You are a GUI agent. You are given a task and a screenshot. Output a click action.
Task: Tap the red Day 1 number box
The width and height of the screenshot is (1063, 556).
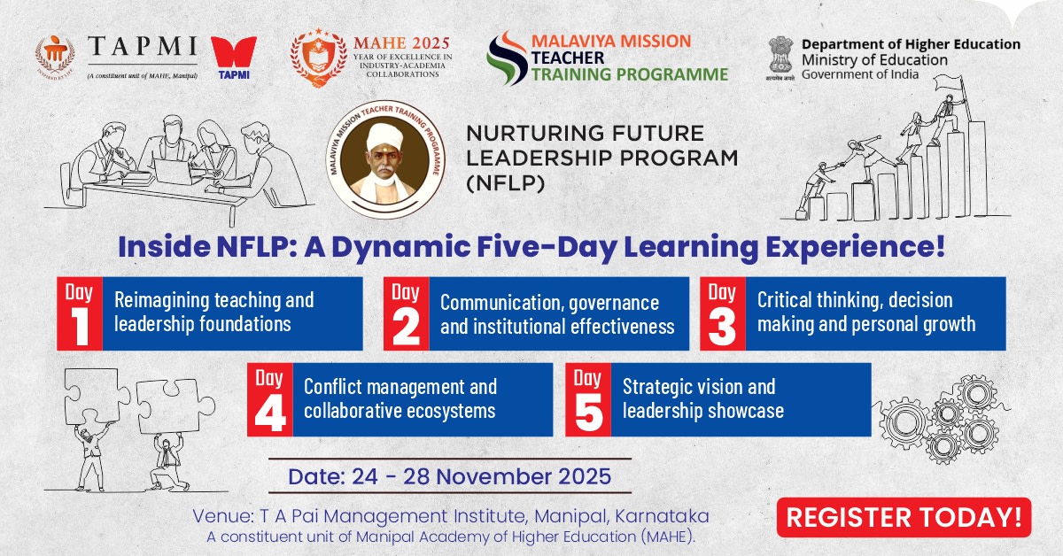[x=80, y=313]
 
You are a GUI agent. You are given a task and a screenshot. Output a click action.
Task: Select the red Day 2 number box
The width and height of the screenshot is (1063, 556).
[x=406, y=313]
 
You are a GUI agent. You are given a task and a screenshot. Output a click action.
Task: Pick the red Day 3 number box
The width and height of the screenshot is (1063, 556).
[x=723, y=313]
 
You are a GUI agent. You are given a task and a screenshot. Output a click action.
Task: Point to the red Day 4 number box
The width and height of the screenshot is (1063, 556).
[x=269, y=398]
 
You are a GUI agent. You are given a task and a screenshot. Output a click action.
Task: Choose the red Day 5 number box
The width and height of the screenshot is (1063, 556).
[x=587, y=398]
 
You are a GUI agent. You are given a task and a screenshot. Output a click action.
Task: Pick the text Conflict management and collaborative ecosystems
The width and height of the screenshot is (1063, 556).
[x=400, y=398]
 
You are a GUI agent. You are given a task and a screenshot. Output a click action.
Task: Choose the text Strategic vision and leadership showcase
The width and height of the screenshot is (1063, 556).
[x=702, y=398]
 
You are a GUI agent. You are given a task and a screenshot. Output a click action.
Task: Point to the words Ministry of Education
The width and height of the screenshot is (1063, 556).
[x=873, y=59]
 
